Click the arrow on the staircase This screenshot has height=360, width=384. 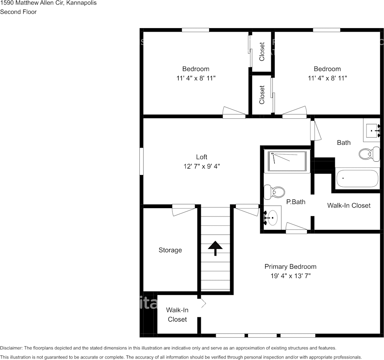[215, 248]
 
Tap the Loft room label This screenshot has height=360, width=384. [202, 157]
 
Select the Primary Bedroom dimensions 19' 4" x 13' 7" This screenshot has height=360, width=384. [290, 276]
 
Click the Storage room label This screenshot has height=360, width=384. [170, 250]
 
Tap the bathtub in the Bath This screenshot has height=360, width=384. [357, 178]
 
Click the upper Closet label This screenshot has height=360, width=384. [262, 52]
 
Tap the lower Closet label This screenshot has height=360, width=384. [262, 95]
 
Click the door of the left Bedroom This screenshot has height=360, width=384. [234, 112]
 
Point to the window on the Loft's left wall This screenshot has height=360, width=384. [141, 161]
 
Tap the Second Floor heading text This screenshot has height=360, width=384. [18, 12]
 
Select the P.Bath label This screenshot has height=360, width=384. [296, 202]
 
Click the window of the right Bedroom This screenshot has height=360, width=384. [326, 30]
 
